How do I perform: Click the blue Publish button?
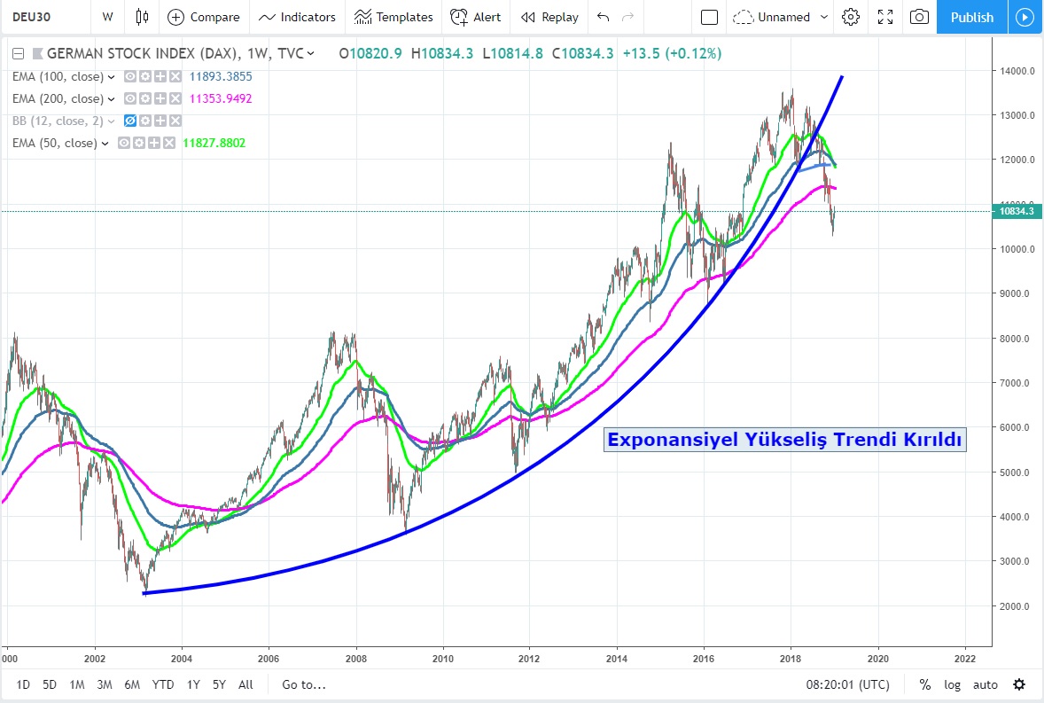point(971,17)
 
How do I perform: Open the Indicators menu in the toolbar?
point(298,17)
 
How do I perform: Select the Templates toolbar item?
point(393,17)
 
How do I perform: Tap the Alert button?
point(476,17)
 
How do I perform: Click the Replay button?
point(549,17)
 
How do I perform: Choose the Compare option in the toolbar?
point(204,17)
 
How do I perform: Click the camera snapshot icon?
point(920,17)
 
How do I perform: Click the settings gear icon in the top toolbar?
point(851,17)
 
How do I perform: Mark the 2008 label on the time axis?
point(356,659)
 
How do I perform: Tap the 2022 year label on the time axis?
point(964,659)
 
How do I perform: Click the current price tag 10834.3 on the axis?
point(1017,211)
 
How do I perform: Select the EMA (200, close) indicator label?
point(58,98)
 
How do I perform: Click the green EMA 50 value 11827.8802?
point(214,143)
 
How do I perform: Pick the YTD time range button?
point(162,684)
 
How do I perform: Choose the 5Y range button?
point(218,684)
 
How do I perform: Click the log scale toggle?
point(952,684)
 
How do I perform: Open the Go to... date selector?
point(304,684)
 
